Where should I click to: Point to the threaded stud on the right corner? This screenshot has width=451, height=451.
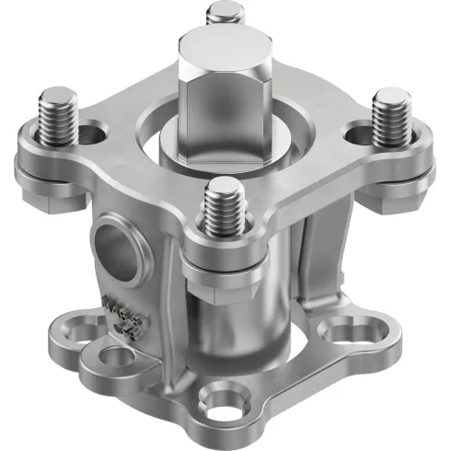tap(389, 114)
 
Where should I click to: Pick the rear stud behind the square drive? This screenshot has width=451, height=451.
tap(222, 13)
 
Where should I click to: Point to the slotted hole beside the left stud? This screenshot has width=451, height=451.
tap(92, 135)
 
